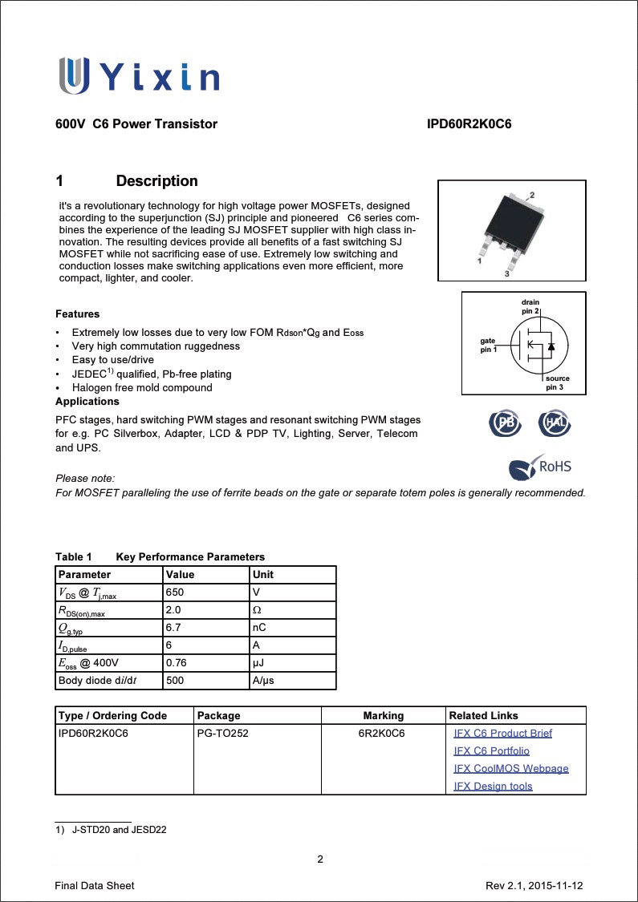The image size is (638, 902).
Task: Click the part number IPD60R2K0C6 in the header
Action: (469, 124)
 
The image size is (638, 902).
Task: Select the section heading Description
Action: (156, 181)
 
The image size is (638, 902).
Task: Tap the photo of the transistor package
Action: (506, 230)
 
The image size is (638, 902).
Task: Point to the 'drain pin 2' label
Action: (530, 305)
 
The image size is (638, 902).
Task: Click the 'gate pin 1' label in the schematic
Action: (489, 346)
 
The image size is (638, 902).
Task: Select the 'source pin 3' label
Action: (557, 382)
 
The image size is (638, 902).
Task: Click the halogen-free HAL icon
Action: (555, 423)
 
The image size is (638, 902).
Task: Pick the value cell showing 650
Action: (174, 593)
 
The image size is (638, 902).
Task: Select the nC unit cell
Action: (259, 628)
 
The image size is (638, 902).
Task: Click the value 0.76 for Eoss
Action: (177, 663)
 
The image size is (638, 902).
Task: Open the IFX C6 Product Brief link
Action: (502, 733)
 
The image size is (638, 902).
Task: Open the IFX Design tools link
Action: (493, 786)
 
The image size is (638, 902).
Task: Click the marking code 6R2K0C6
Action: (382, 733)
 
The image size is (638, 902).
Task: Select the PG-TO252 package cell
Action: (222, 733)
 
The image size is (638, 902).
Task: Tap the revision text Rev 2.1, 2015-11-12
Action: (534, 885)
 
